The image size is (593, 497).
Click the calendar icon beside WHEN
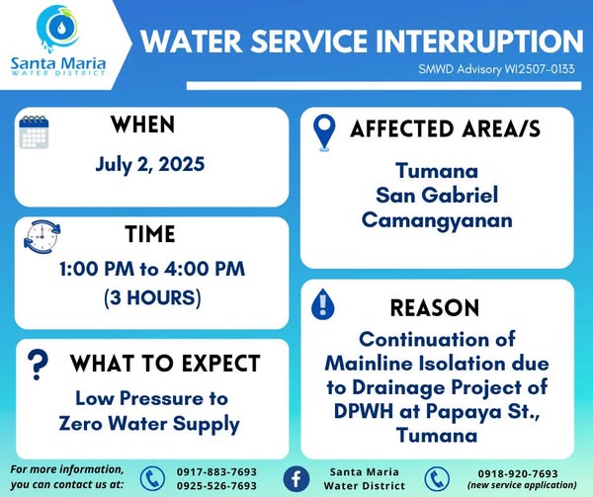[x=34, y=132]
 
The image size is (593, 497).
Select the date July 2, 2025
[x=150, y=164]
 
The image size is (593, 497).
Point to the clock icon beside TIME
[x=42, y=236]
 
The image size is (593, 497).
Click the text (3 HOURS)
[x=152, y=297]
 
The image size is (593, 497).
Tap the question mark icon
[x=38, y=365]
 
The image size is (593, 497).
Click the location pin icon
[x=324, y=132]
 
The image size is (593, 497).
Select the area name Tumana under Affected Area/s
[x=437, y=171]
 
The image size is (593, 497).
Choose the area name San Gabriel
[x=437, y=196]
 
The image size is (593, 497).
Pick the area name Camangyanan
[x=437, y=220]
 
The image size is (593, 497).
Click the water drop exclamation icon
[x=322, y=304]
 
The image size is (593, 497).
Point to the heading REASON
[x=435, y=307]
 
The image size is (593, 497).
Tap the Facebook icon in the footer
[x=296, y=479]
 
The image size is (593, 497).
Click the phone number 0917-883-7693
[x=216, y=472]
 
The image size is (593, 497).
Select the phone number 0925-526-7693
[x=216, y=486]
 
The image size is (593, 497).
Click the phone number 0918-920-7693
[x=518, y=473]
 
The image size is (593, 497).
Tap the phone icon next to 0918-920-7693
[x=437, y=479]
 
